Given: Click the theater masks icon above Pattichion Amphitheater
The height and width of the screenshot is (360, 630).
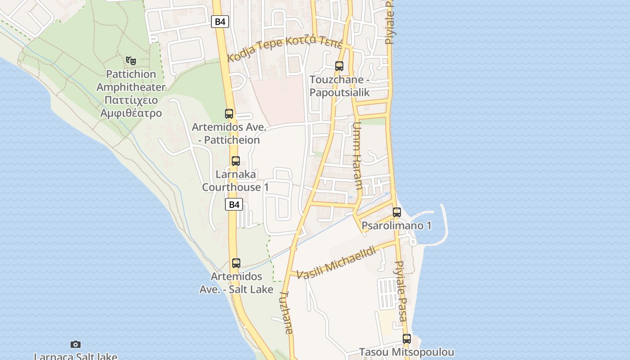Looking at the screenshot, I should tap(131, 60).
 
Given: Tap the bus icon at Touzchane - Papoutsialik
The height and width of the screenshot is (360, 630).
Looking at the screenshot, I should tap(339, 66).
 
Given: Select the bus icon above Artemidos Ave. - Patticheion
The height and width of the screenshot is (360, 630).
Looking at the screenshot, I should tap(229, 114).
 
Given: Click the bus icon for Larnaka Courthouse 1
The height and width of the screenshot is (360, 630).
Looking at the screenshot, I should tap(235, 161).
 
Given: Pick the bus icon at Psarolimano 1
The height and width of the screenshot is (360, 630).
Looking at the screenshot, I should tap(396, 212).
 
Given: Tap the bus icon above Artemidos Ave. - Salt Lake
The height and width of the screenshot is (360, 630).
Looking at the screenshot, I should tap(236, 263).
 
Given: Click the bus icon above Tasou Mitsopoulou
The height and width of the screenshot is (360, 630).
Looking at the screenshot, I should tap(407, 339).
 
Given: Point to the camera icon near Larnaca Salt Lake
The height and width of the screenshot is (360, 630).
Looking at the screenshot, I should tap(76, 345).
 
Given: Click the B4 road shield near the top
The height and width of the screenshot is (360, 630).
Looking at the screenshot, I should tap(220, 21).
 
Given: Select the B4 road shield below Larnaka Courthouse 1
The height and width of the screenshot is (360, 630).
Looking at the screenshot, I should tap(234, 204).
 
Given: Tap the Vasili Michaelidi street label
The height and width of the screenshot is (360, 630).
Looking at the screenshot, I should tap(336, 263).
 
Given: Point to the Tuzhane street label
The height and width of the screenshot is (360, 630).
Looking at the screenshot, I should tap(286, 312).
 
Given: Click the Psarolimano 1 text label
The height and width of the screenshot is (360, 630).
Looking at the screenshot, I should tap(396, 225).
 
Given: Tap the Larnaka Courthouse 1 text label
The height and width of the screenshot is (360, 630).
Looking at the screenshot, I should tap(235, 180).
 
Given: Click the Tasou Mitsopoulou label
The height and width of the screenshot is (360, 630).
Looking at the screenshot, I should tap(406, 352).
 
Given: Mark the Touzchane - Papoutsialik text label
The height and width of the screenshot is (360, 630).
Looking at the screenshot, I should tap(339, 86).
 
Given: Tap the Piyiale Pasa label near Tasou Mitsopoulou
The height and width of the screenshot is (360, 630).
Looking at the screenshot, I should tap(400, 291).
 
